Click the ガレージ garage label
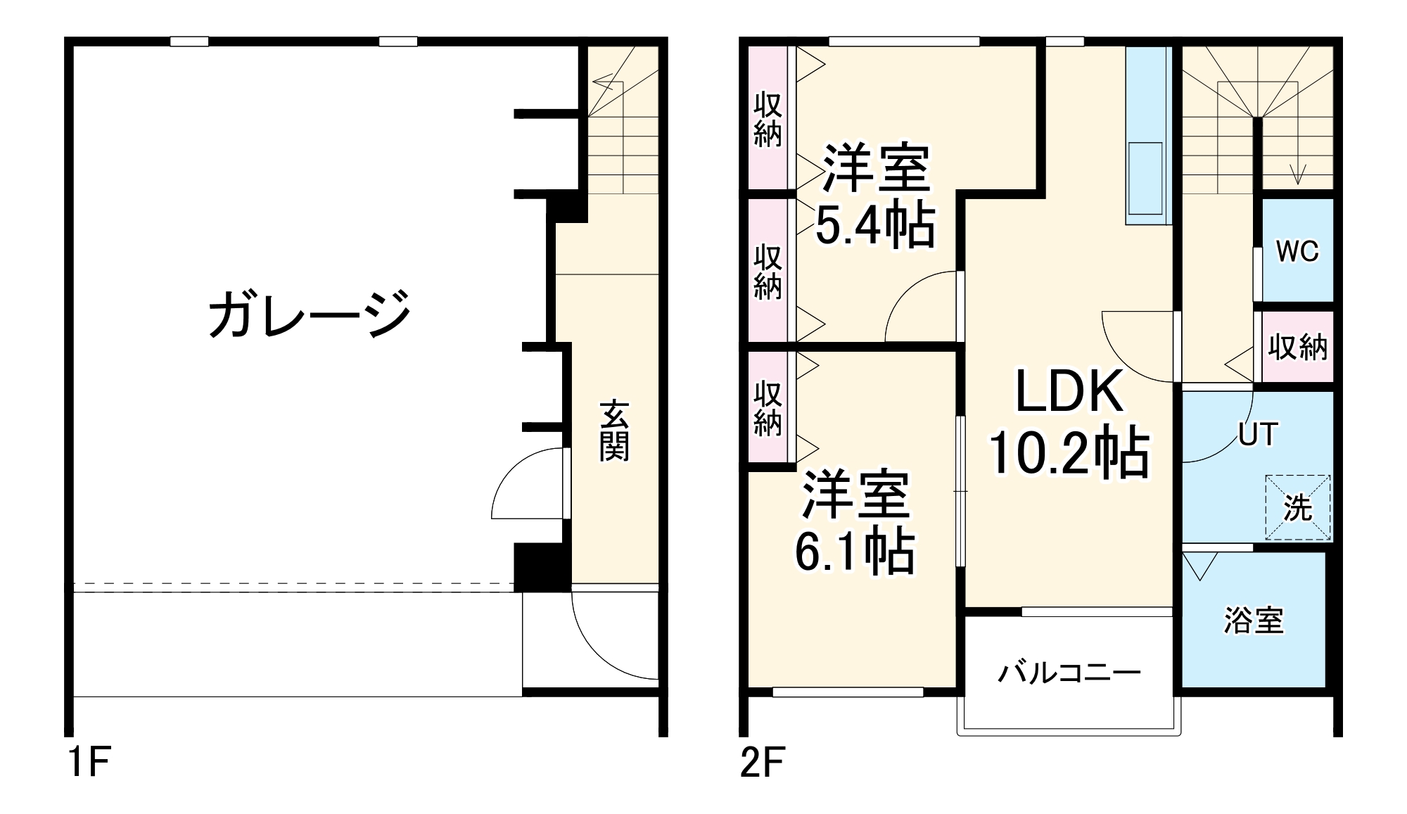pos(310,314)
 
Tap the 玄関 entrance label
pos(613,431)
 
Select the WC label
pos(1297,252)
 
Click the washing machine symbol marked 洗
pos(1298,508)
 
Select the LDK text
pos(1069,393)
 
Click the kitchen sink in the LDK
pos(1145,179)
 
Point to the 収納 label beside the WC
pos(1297,348)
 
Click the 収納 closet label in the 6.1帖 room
pos(768,408)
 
